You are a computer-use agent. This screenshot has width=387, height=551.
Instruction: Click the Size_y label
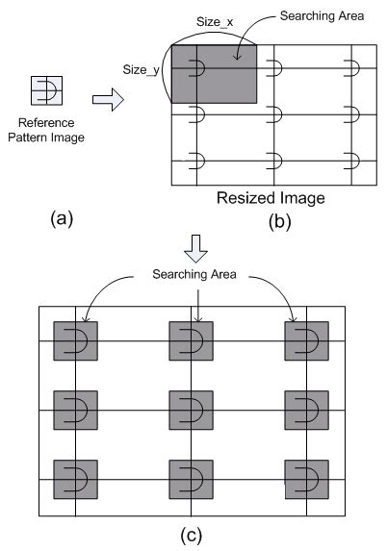click(x=142, y=69)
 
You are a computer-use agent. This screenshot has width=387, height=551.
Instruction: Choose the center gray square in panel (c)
click(x=191, y=411)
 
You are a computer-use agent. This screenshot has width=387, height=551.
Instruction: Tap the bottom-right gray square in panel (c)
click(x=306, y=479)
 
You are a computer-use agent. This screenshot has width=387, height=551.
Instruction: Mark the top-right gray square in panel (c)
click(x=306, y=341)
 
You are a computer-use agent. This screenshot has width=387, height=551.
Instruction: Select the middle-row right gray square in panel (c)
click(x=306, y=411)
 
